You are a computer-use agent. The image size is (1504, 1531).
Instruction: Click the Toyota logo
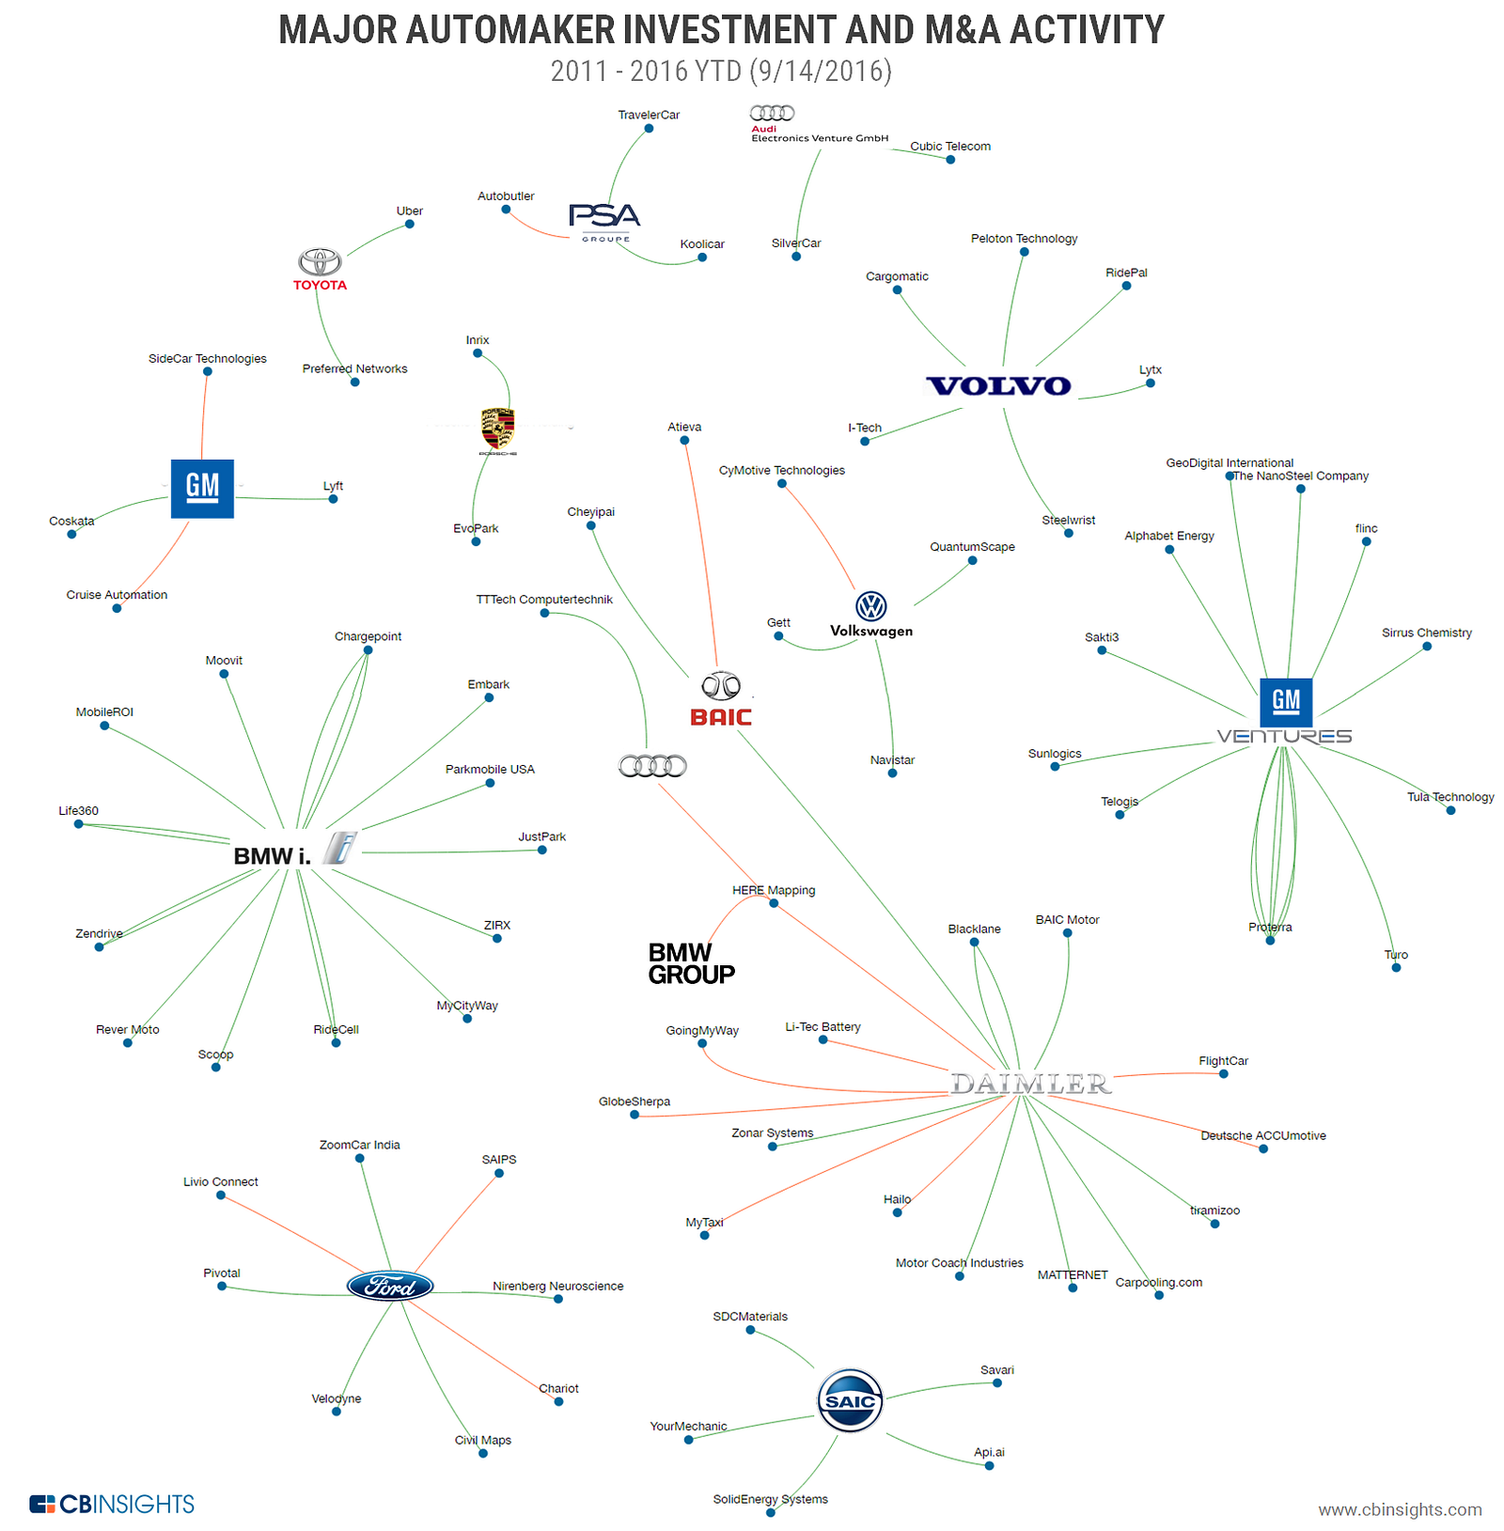pos(320,269)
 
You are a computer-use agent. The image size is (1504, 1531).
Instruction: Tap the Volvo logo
pos(998,386)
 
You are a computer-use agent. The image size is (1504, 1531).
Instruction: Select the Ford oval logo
pos(390,1286)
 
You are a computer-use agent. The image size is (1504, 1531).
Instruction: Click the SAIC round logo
pos(850,1400)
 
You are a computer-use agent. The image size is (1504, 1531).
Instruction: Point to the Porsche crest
pos(497,430)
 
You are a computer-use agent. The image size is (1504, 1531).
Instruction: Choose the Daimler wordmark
pos(1031,1084)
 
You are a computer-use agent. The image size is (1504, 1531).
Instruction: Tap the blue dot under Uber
pos(409,224)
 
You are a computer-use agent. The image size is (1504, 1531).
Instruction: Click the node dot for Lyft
pos(333,499)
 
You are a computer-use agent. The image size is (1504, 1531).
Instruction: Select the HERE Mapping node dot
pos(774,903)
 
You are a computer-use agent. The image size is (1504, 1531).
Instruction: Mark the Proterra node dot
pos(1270,940)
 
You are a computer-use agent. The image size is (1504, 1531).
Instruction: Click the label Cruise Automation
pos(117,595)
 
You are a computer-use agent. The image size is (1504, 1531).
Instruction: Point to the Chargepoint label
pos(368,636)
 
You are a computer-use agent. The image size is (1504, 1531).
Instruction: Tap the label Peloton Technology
pos(1024,239)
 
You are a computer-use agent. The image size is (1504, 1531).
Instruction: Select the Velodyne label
pos(337,1398)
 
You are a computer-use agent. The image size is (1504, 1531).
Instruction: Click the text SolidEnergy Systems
pos(770,1499)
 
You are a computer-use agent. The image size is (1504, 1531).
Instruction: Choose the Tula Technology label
pos(1449,797)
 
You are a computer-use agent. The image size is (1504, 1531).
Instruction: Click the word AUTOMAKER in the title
pos(511,30)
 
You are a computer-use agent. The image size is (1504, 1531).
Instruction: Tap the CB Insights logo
pos(112,1504)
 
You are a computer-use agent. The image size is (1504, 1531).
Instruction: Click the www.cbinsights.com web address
pos(1399,1509)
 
